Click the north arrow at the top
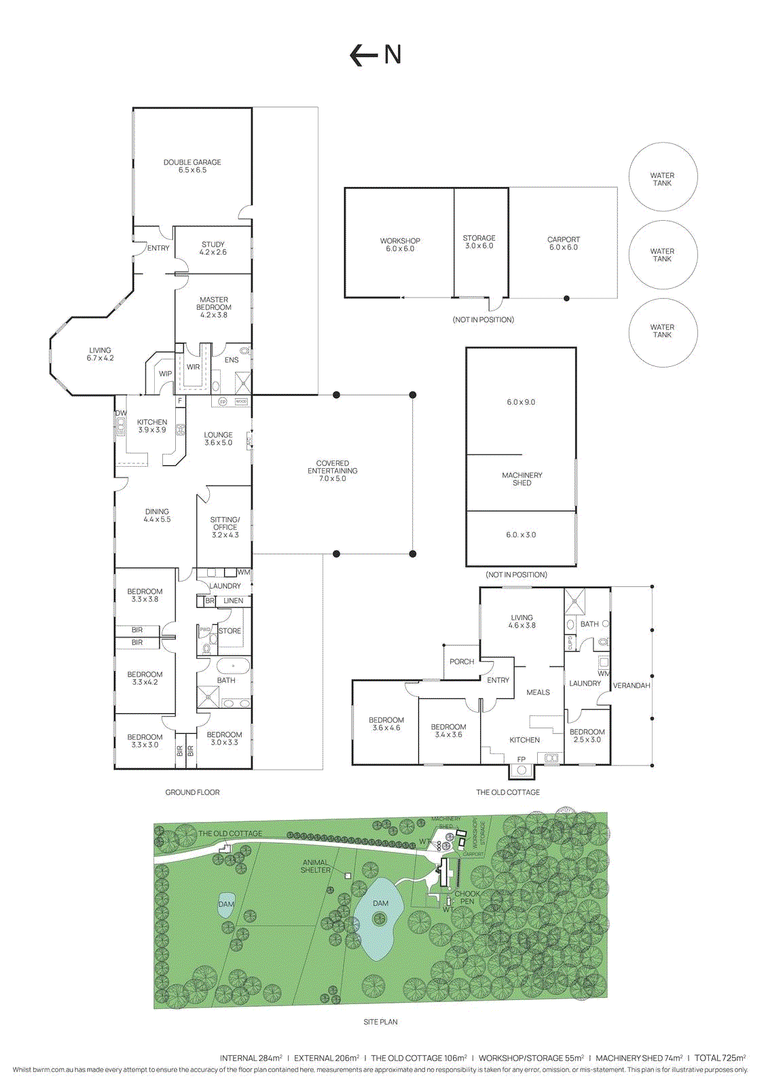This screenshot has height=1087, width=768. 375,54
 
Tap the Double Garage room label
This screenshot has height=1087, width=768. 192,166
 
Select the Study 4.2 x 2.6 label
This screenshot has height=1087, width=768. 213,248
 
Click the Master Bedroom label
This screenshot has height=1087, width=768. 214,307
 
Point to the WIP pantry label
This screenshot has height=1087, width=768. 165,374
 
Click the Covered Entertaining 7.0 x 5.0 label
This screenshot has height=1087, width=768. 333,471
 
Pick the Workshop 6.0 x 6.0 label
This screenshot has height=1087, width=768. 400,245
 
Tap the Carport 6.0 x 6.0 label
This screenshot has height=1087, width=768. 564,243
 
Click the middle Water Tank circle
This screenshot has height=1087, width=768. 663,255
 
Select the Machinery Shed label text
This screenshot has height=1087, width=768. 522,479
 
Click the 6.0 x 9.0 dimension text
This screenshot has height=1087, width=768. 521,402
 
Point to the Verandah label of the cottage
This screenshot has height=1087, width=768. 632,685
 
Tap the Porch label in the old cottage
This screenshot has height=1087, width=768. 462,662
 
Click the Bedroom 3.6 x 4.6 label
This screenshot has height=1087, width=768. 386,724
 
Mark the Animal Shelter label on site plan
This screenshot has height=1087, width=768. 316,866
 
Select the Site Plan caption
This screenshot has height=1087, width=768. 380,1022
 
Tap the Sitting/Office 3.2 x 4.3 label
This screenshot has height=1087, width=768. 225,527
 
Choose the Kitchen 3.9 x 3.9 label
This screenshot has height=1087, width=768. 152,426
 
